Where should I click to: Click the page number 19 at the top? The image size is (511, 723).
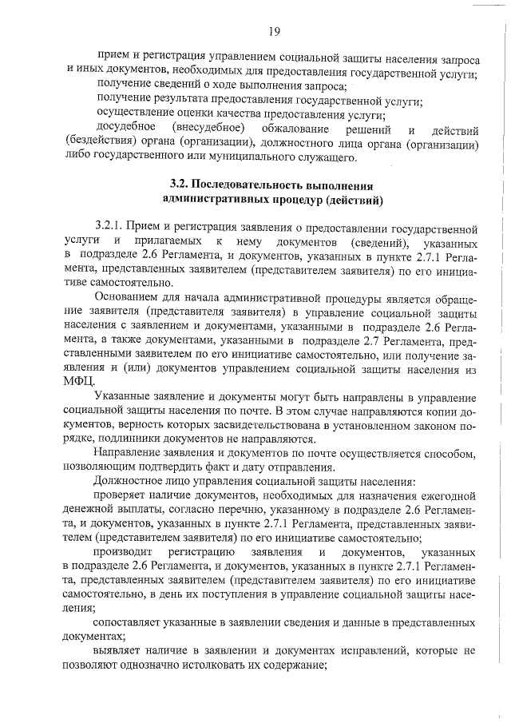click(273, 31)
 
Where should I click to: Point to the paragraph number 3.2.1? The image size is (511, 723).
click(110, 228)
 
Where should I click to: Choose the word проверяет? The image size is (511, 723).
click(123, 495)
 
